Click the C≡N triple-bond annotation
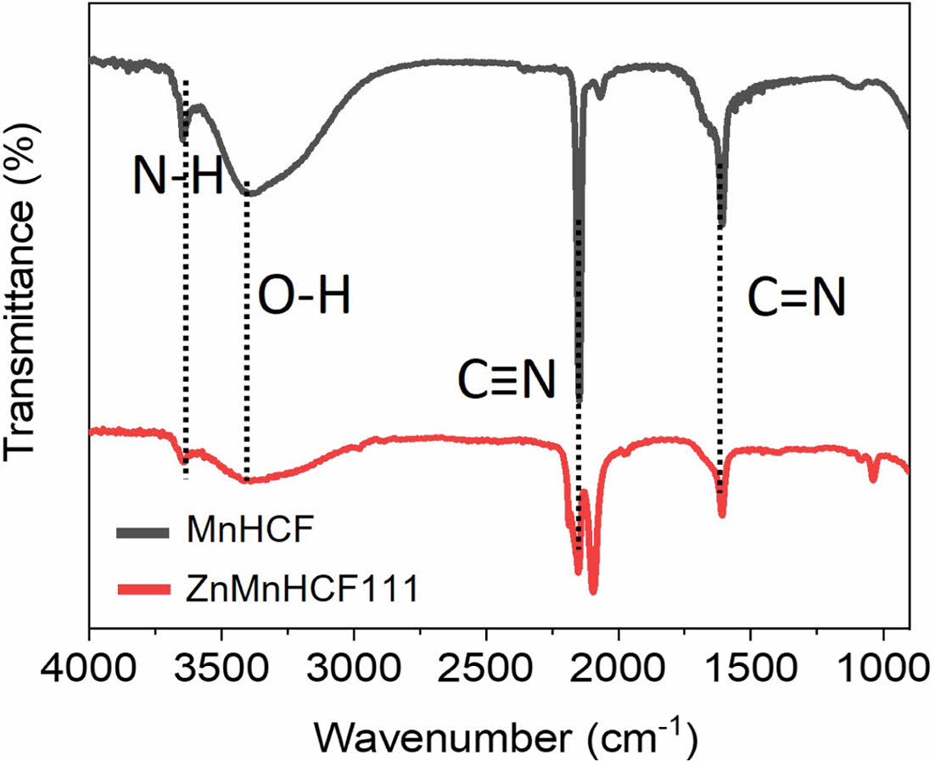tap(507, 381)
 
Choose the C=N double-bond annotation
tap(796, 299)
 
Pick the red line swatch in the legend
tap(145, 588)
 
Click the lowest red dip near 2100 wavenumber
tap(592, 591)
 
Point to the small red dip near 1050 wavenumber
tap(873, 480)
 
